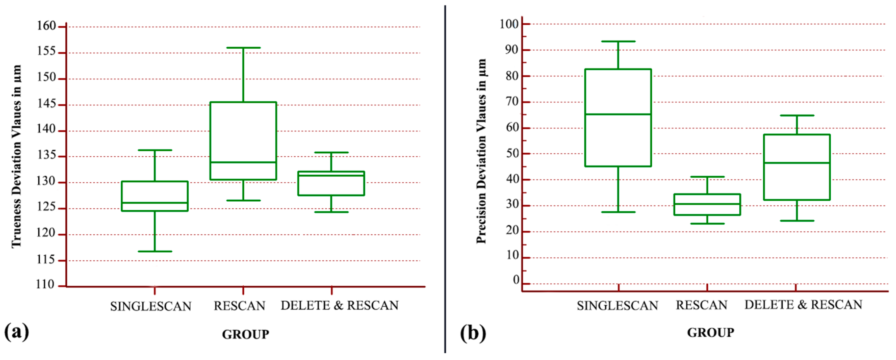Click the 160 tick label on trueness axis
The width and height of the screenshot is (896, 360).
tap(46, 26)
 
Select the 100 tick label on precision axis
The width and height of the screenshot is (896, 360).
tap(509, 24)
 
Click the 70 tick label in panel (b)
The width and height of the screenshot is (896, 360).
tap(512, 102)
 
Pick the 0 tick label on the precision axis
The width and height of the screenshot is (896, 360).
tap(516, 280)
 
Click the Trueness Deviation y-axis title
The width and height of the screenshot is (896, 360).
tap(16, 156)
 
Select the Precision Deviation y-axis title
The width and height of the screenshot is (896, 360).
tap(481, 151)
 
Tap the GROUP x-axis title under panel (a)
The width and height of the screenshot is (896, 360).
tap(245, 335)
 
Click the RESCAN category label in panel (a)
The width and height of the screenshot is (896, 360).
tap(239, 306)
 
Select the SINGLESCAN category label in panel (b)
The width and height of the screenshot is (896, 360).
tap(617, 306)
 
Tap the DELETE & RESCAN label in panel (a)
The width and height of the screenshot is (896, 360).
tap(339, 305)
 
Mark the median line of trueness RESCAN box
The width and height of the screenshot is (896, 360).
tap(243, 162)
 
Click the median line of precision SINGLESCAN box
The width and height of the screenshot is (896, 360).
tap(618, 114)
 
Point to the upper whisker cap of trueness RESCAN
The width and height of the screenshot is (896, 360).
tap(243, 48)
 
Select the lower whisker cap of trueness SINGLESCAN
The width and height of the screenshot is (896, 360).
tap(155, 251)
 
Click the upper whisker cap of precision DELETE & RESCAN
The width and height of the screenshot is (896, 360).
tap(797, 115)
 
